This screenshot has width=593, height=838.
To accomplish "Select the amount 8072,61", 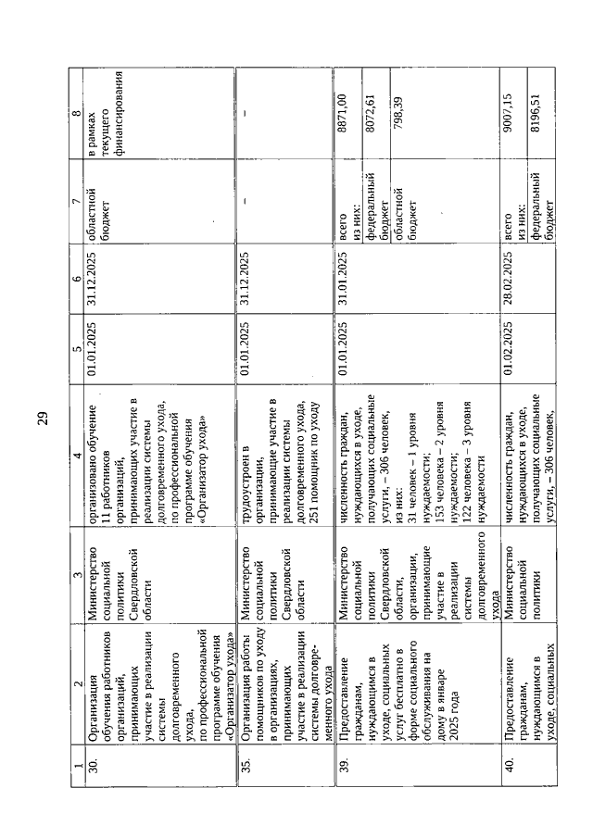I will pyautogui.click(x=369, y=109).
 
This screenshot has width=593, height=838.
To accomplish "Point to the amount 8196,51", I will pyautogui.click(x=536, y=109).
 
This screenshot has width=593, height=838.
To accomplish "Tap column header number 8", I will pyautogui.click(x=77, y=115).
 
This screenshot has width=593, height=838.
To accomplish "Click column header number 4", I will pyautogui.click(x=77, y=464).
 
